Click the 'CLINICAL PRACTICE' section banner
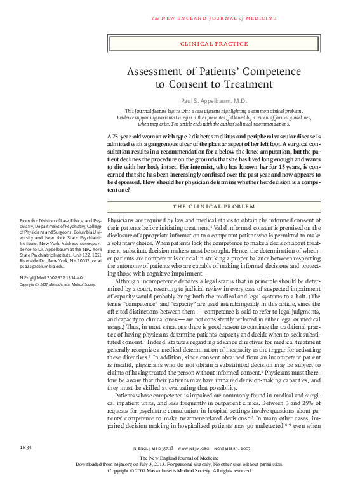click(x=213, y=44)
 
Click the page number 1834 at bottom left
click(x=26, y=448)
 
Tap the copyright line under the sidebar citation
click(x=57, y=284)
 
